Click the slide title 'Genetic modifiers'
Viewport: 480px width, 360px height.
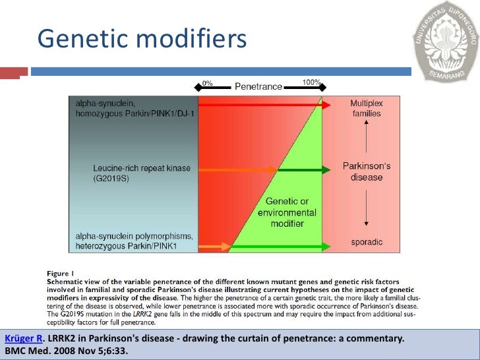tap(142, 39)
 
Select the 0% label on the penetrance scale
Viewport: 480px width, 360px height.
tap(207, 84)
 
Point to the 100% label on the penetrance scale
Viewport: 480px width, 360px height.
tap(311, 82)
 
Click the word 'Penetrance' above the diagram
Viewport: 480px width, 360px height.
tap(258, 86)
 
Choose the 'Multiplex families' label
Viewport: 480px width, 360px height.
tap(366, 109)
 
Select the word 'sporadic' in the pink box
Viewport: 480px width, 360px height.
tap(366, 242)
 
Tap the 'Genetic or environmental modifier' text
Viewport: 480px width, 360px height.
tap(287, 212)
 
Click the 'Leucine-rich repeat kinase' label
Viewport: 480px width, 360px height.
tap(141, 168)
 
